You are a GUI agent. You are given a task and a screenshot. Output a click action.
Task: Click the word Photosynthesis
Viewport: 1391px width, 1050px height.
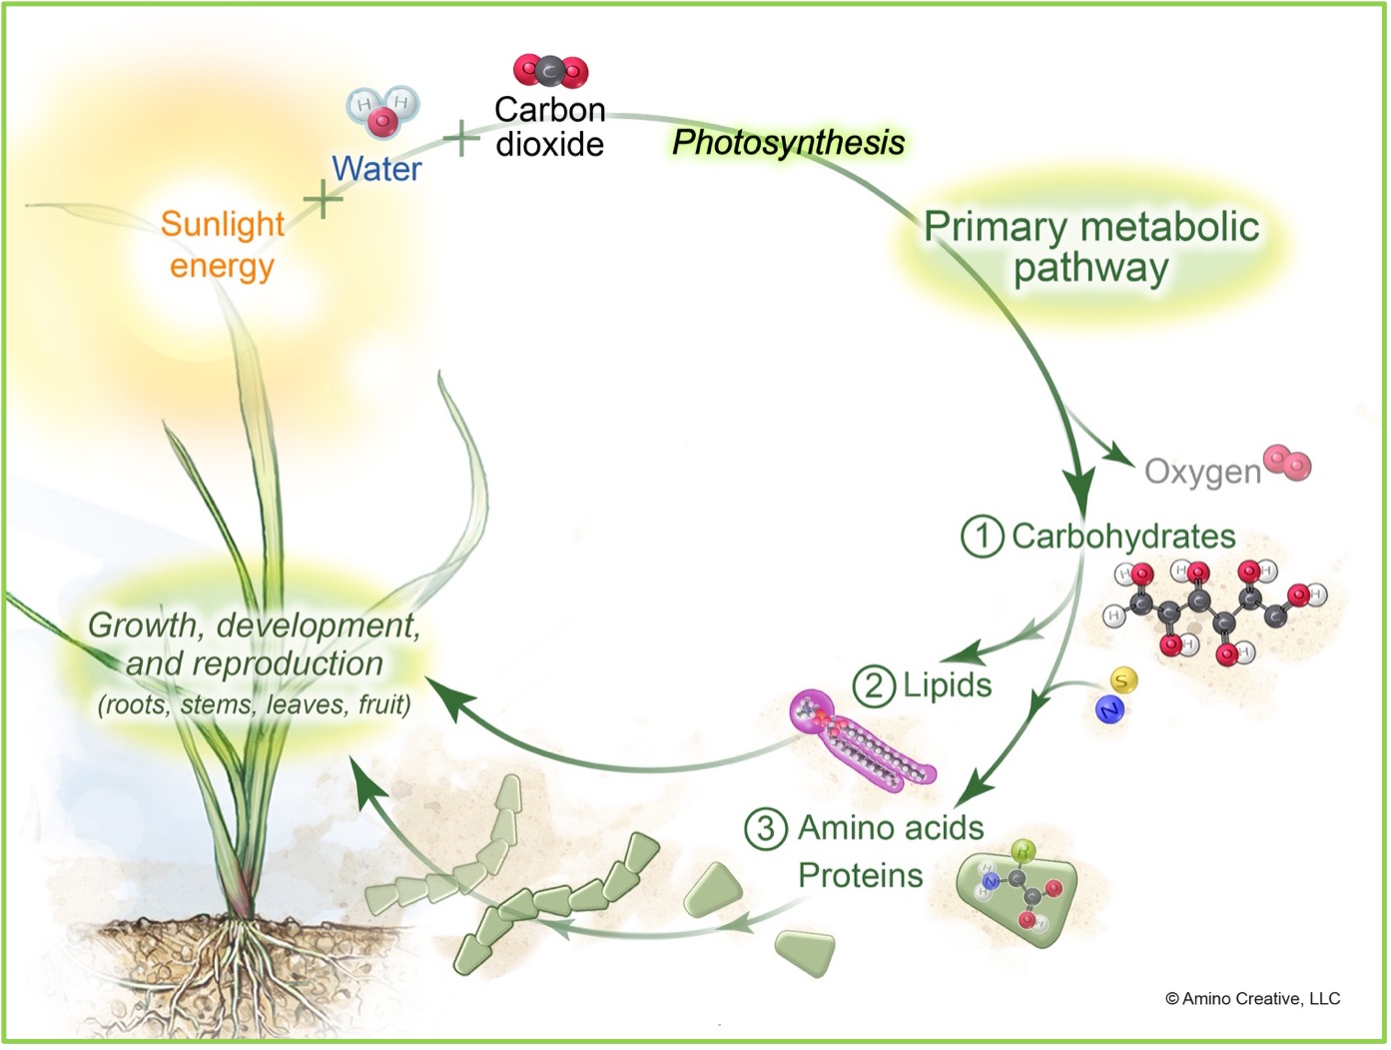coord(788,143)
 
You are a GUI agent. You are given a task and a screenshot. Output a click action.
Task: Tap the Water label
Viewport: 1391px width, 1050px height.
coord(376,169)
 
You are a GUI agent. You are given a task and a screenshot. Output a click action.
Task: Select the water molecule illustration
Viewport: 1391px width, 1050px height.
coord(382,111)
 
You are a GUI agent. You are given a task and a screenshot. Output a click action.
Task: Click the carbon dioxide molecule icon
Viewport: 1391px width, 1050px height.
coord(550,71)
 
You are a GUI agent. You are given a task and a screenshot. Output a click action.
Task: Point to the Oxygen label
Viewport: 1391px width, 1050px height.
coord(1202,472)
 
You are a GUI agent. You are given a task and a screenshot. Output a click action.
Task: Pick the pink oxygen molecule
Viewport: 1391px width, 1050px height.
coord(1287,463)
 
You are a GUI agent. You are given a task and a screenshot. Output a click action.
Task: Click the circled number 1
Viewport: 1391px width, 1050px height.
coord(982,536)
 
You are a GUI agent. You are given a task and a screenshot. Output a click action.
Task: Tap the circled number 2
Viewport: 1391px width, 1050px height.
coord(874,687)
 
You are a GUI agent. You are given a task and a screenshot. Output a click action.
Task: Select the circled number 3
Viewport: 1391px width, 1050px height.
coord(766,828)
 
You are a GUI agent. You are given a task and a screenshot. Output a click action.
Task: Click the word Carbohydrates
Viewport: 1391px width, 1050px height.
coord(1123,536)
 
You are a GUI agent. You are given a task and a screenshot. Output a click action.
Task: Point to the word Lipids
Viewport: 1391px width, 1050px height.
coord(947,685)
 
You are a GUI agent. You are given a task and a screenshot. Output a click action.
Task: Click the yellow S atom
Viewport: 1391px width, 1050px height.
coord(1123,681)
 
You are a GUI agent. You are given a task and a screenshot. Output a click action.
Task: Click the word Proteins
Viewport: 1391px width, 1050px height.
coord(860,876)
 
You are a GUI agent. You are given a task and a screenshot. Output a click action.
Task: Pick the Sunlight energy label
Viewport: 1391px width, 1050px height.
coord(222,245)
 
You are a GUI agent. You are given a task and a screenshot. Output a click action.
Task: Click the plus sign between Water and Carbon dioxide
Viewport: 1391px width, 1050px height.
coord(461,139)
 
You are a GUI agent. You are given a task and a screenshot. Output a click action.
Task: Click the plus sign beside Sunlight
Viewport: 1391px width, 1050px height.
coord(323,200)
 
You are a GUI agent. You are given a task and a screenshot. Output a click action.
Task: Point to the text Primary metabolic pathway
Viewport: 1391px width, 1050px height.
coord(1090,247)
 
